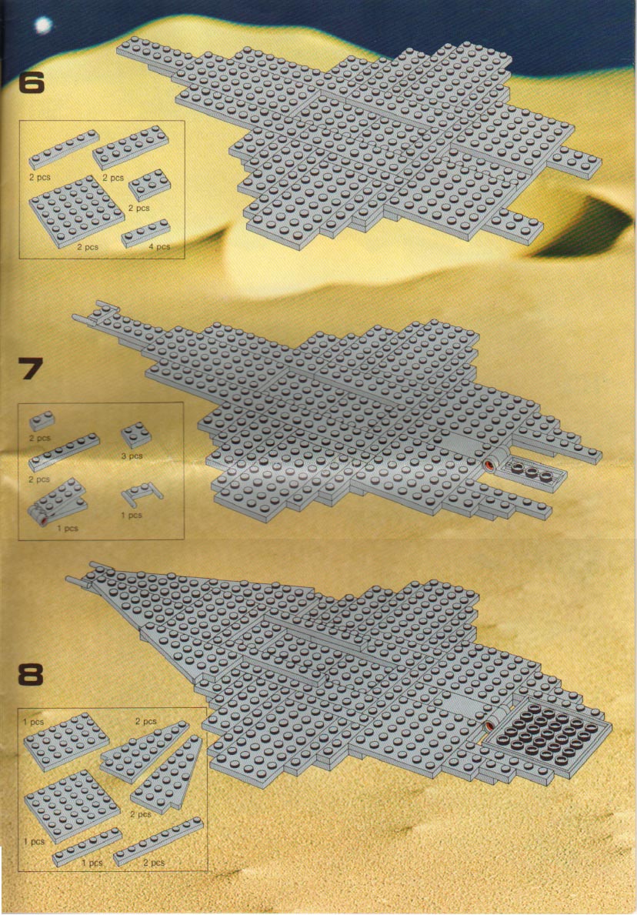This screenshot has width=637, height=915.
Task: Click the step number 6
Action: point(31,82)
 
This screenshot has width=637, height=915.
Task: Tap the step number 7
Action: point(30,369)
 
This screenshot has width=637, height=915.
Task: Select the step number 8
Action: point(30,675)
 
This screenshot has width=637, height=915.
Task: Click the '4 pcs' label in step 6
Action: point(159,247)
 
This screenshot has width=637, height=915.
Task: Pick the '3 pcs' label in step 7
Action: point(132,456)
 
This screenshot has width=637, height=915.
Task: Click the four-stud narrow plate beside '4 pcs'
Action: point(146,233)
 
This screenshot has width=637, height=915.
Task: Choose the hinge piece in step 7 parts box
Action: point(57,502)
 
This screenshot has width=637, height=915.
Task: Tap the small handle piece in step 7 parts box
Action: point(142,496)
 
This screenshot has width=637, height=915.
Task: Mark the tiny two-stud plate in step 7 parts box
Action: point(42,420)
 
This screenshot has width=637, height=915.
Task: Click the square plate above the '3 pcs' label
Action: point(136,435)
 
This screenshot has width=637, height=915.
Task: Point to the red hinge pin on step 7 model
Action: point(488,465)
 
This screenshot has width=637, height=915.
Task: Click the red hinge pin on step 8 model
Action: point(489,726)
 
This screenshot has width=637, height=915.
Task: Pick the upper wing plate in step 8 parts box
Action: point(145,750)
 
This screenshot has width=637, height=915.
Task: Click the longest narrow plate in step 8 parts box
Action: point(158,841)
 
